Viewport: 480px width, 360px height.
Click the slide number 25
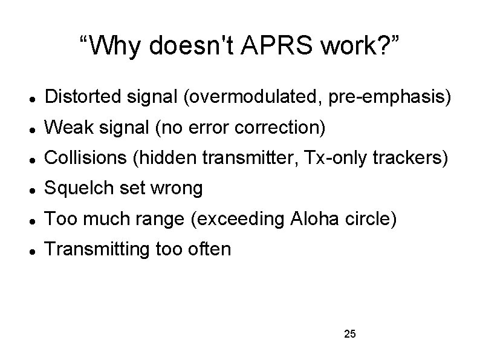349,334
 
